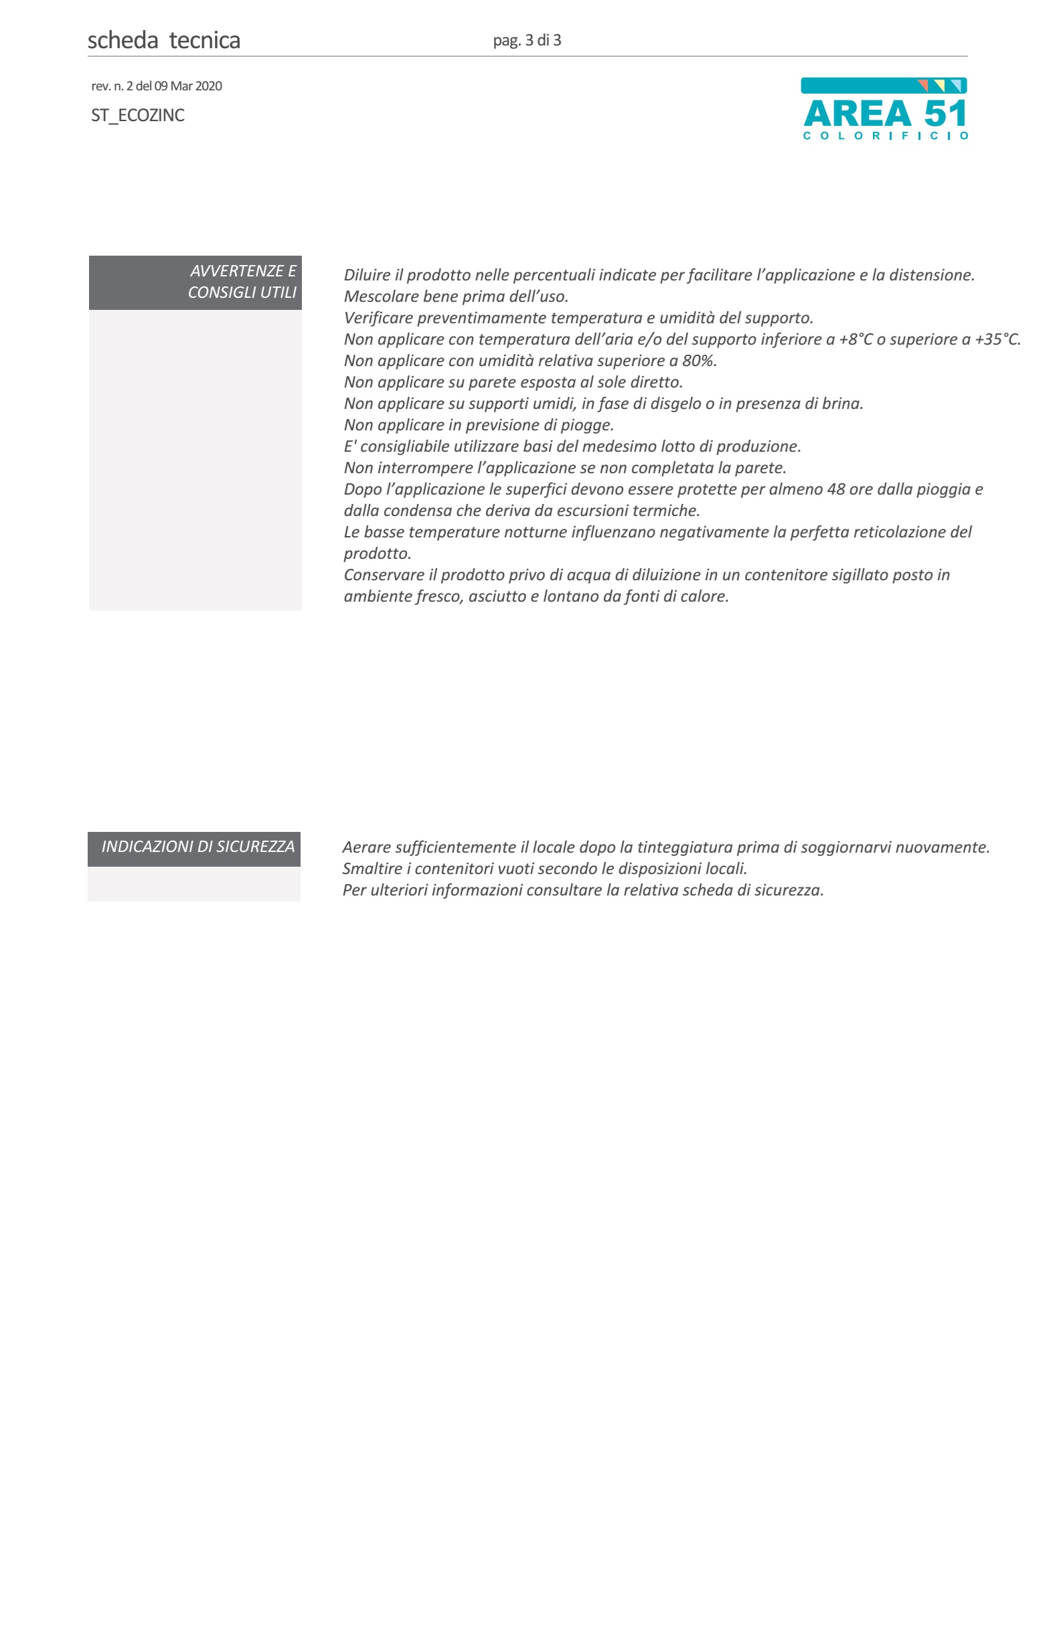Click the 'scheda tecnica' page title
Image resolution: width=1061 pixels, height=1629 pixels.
pos(163,40)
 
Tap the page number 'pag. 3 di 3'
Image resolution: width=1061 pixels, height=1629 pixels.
pos(526,40)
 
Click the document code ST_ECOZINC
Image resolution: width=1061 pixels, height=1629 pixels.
pos(138,115)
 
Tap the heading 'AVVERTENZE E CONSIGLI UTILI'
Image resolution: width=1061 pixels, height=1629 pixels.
pos(242,281)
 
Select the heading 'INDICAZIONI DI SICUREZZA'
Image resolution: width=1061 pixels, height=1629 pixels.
pos(198,847)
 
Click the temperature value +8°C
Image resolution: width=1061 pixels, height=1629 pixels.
pos(855,339)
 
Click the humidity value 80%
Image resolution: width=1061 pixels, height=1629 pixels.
pos(698,361)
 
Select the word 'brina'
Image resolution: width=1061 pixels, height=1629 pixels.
pos(841,404)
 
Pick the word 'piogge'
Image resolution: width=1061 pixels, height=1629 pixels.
pos(586,425)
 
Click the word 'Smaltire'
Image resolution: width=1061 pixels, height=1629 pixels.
pos(372,869)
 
